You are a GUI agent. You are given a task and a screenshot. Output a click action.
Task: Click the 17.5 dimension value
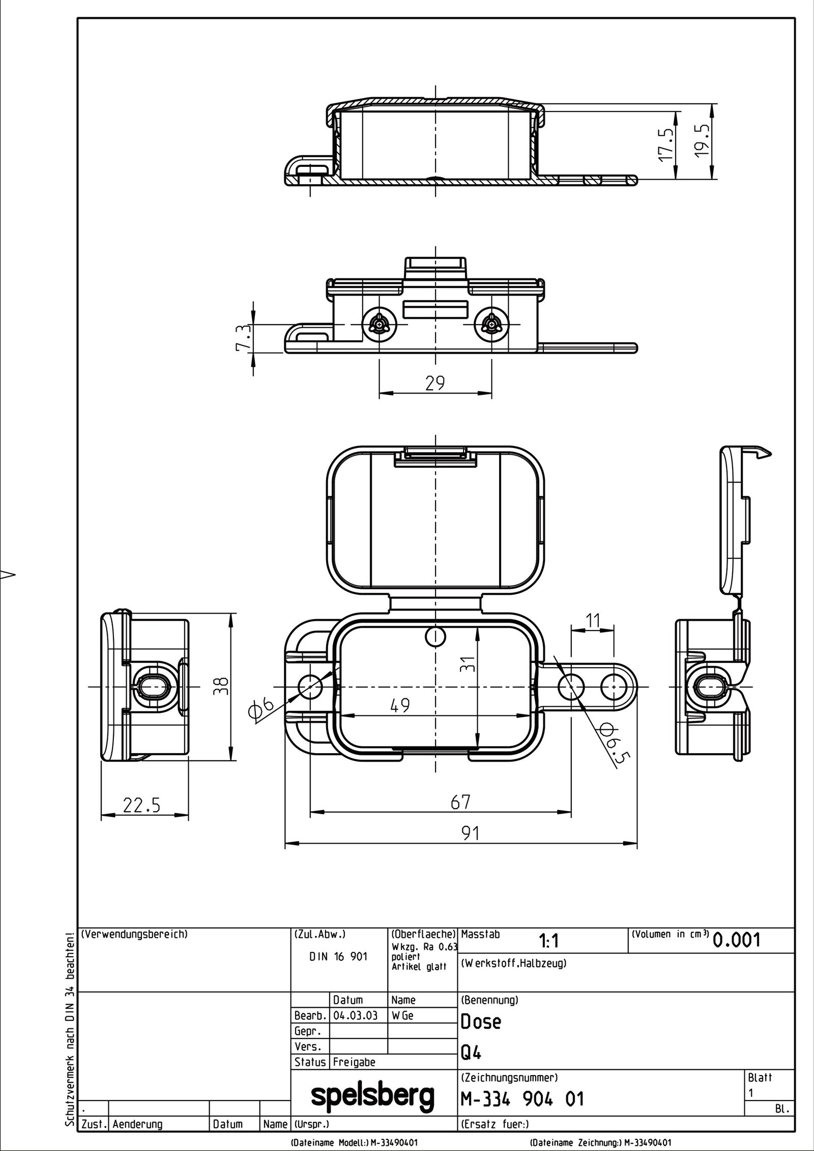point(666,145)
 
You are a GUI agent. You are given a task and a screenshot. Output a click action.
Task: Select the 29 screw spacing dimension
point(435,382)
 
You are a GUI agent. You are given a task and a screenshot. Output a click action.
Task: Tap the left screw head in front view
point(379,324)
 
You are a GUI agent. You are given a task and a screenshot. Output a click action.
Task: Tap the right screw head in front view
point(491,324)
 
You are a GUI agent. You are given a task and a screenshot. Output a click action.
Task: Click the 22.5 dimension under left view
point(141,805)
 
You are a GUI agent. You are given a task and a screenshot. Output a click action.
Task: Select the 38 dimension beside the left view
point(222,686)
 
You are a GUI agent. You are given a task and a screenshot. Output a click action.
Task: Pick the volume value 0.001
point(737,940)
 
